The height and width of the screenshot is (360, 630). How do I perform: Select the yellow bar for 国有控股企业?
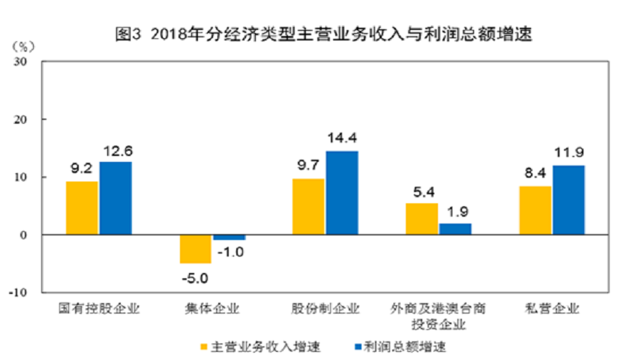[82, 208]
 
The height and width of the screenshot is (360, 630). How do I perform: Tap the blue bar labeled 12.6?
[115, 198]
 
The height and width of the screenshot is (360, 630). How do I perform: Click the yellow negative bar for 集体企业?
[195, 249]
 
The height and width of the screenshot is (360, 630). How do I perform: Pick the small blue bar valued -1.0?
[229, 238]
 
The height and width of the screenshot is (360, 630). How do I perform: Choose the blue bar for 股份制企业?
[342, 193]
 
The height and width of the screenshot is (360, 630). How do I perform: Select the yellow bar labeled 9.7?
[308, 206]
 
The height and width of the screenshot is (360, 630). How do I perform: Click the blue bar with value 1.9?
[455, 229]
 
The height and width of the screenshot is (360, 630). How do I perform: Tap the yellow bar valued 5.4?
[421, 219]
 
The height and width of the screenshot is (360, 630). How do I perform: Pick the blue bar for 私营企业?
[568, 199]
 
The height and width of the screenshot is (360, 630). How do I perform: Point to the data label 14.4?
[341, 139]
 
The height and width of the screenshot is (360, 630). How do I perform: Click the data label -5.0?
[194, 278]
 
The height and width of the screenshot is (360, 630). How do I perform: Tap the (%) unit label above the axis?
[22, 46]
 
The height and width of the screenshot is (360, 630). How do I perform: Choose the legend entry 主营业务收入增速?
[259, 346]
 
